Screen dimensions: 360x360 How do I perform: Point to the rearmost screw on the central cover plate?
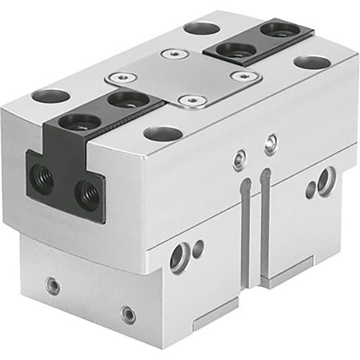click(x=169, y=54)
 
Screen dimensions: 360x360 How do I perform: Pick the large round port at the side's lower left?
click(x=179, y=257)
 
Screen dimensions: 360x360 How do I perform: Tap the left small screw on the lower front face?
click(x=51, y=285)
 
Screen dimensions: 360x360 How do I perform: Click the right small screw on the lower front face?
click(x=127, y=314)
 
